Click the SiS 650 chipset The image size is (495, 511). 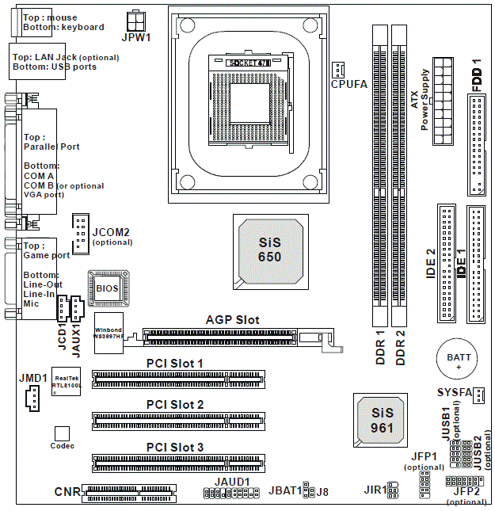(270, 248)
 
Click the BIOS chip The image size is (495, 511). (109, 289)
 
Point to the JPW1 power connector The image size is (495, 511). (136, 20)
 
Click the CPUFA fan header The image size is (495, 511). (338, 68)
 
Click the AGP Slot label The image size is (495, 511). (232, 320)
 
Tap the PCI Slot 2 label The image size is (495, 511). (175, 405)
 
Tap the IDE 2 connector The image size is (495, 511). (446, 262)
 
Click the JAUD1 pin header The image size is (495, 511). (232, 494)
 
